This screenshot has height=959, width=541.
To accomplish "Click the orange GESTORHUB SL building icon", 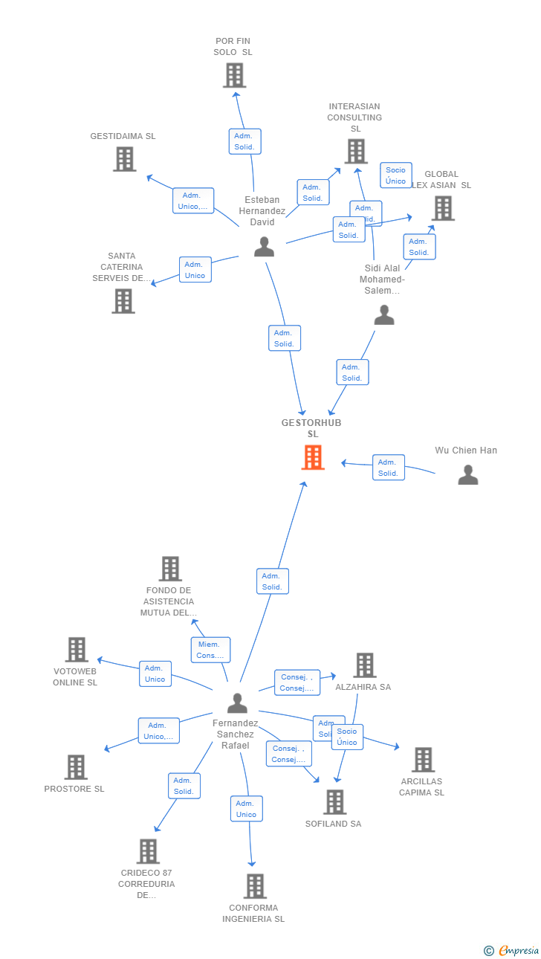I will pos(313,457).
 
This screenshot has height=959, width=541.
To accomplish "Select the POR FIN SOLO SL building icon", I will pos(234,75).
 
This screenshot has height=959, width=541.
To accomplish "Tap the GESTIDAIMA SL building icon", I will pos(124,159).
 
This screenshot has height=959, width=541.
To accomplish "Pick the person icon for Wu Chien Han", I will pos(467,474).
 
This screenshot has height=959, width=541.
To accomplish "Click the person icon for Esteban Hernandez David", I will pos(264,247).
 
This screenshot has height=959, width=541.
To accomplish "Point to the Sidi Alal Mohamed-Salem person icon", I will pos(383,315).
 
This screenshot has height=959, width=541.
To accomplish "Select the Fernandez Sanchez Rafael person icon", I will pos(237,703).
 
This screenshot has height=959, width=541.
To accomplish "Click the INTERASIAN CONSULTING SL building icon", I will pos(356,151).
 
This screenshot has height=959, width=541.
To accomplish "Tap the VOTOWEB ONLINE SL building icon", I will pos(76,650).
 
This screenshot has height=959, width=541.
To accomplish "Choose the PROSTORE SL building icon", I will pos(76,766).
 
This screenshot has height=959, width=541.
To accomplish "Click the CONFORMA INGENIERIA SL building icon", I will pos(255,885).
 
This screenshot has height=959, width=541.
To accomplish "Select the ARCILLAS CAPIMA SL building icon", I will pos(423,759).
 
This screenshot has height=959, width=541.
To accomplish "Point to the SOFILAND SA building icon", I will pos(334,801).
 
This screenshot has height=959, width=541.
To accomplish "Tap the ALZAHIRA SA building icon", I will pos(364,665).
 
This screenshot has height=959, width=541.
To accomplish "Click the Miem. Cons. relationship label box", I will pos(210,650).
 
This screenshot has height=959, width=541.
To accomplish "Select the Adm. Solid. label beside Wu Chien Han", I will pos(388,468).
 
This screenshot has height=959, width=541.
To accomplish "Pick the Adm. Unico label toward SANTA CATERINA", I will pos(195,270).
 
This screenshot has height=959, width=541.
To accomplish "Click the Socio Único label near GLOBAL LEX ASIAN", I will pos(395,175).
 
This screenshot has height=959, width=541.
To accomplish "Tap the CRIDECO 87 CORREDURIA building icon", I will pos(148,851).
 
